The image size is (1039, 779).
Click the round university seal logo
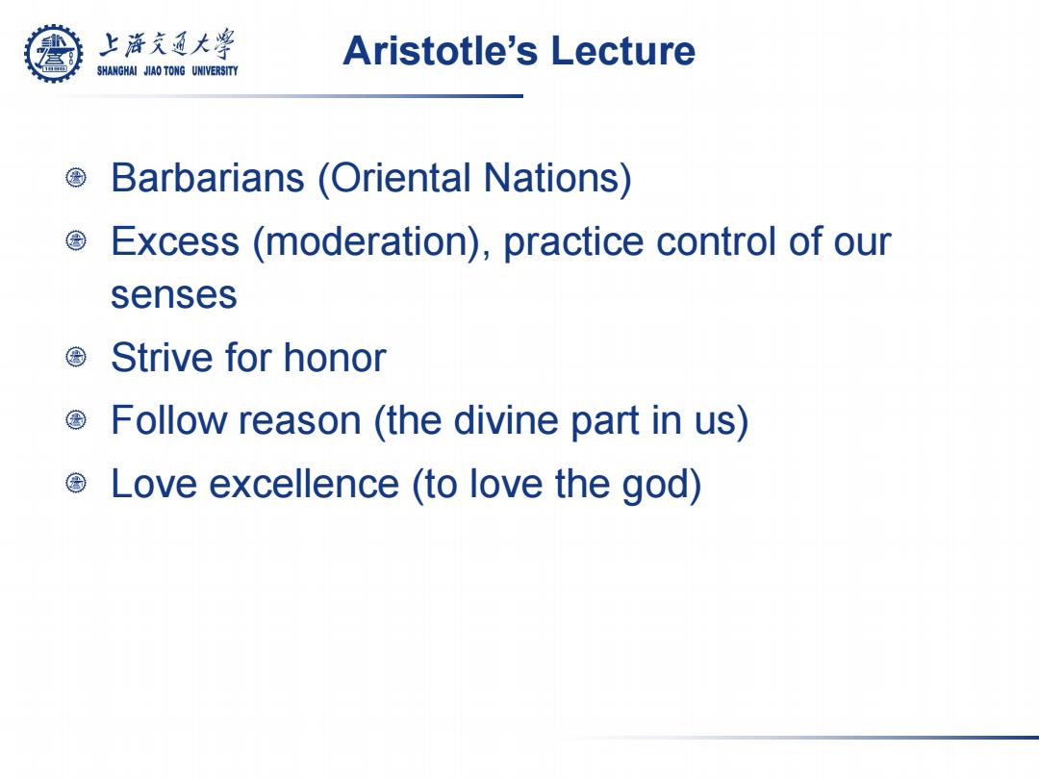[54, 54]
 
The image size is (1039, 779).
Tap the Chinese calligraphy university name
[166, 43]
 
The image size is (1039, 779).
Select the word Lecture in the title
[622, 51]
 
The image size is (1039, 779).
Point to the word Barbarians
[208, 178]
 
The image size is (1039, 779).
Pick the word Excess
[175, 240]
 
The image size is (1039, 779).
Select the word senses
[173, 295]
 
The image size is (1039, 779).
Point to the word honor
[335, 357]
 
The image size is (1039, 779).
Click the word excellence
[304, 483]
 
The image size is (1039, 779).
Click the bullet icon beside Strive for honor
[76, 357]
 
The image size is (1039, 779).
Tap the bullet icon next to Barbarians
[76, 178]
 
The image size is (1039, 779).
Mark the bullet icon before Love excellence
[76, 483]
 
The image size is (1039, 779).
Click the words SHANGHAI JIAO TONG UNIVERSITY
[167, 70]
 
